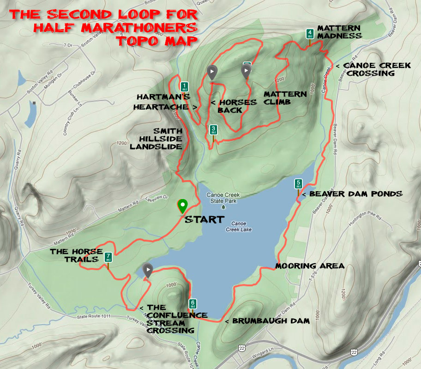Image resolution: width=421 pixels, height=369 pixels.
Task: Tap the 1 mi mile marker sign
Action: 185,86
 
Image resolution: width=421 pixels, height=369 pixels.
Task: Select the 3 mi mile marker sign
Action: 213,129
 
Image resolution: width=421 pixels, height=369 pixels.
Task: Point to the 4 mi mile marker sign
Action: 310,34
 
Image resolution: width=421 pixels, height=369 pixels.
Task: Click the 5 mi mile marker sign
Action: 298,184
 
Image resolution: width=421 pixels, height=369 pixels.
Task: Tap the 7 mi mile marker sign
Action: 108,257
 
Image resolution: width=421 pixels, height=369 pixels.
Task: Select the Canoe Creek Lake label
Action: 239,226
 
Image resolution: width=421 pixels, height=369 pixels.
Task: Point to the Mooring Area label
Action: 309,266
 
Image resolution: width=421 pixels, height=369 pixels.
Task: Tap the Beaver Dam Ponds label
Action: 355,194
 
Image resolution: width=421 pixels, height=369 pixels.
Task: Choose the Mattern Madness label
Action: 339,32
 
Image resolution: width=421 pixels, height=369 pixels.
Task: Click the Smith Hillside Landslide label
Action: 156,138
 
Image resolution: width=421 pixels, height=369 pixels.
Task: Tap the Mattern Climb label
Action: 285,98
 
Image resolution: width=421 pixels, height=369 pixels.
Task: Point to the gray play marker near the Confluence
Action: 148,270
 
